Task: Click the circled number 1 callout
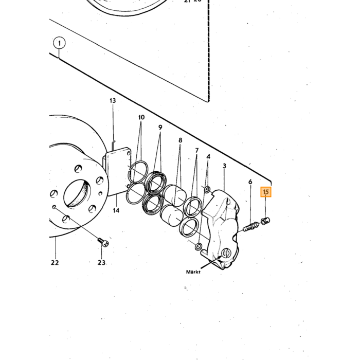59,43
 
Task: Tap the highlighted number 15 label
266,192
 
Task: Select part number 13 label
113,101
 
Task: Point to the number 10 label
141,117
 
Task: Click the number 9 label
160,128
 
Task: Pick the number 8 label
180,140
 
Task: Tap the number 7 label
197,151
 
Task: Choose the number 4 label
208,157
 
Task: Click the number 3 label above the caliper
224,166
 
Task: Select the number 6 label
250,182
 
